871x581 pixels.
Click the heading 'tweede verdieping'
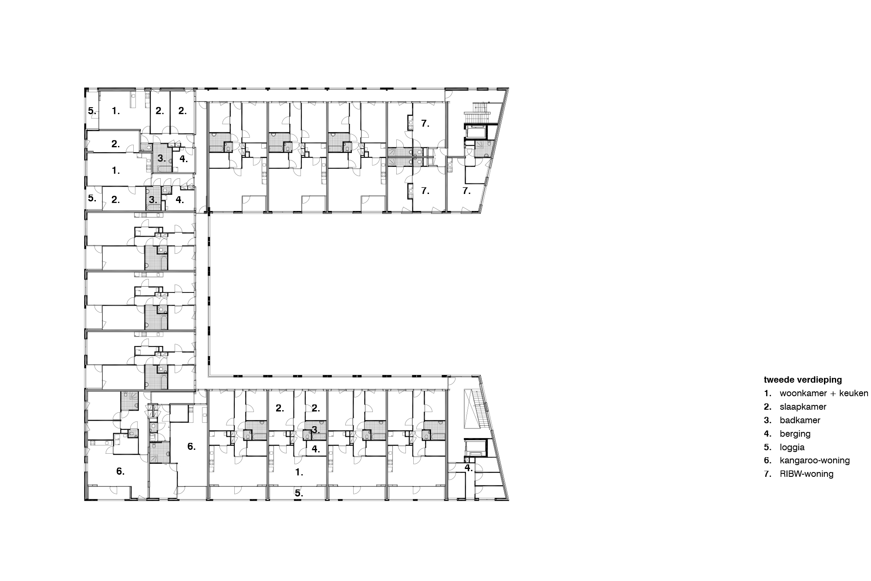pyautogui.click(x=803, y=380)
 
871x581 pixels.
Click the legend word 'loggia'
pyautogui.click(x=792, y=447)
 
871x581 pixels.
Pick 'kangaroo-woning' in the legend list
pyautogui.click(x=814, y=460)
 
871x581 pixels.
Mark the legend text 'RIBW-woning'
pyautogui.click(x=807, y=474)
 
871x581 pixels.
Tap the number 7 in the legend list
pyautogui.click(x=767, y=474)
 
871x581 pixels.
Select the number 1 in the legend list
pyautogui.click(x=767, y=393)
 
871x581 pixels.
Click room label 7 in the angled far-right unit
pyautogui.click(x=466, y=191)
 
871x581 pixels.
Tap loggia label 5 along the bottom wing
pyautogui.click(x=299, y=493)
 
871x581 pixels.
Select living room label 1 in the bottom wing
pyautogui.click(x=299, y=472)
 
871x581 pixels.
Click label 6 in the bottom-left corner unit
pyautogui.click(x=120, y=471)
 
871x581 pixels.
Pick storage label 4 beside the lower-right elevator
pyautogui.click(x=468, y=468)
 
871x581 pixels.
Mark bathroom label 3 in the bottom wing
pyautogui.click(x=315, y=430)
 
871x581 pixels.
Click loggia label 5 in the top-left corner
pyautogui.click(x=92, y=111)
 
